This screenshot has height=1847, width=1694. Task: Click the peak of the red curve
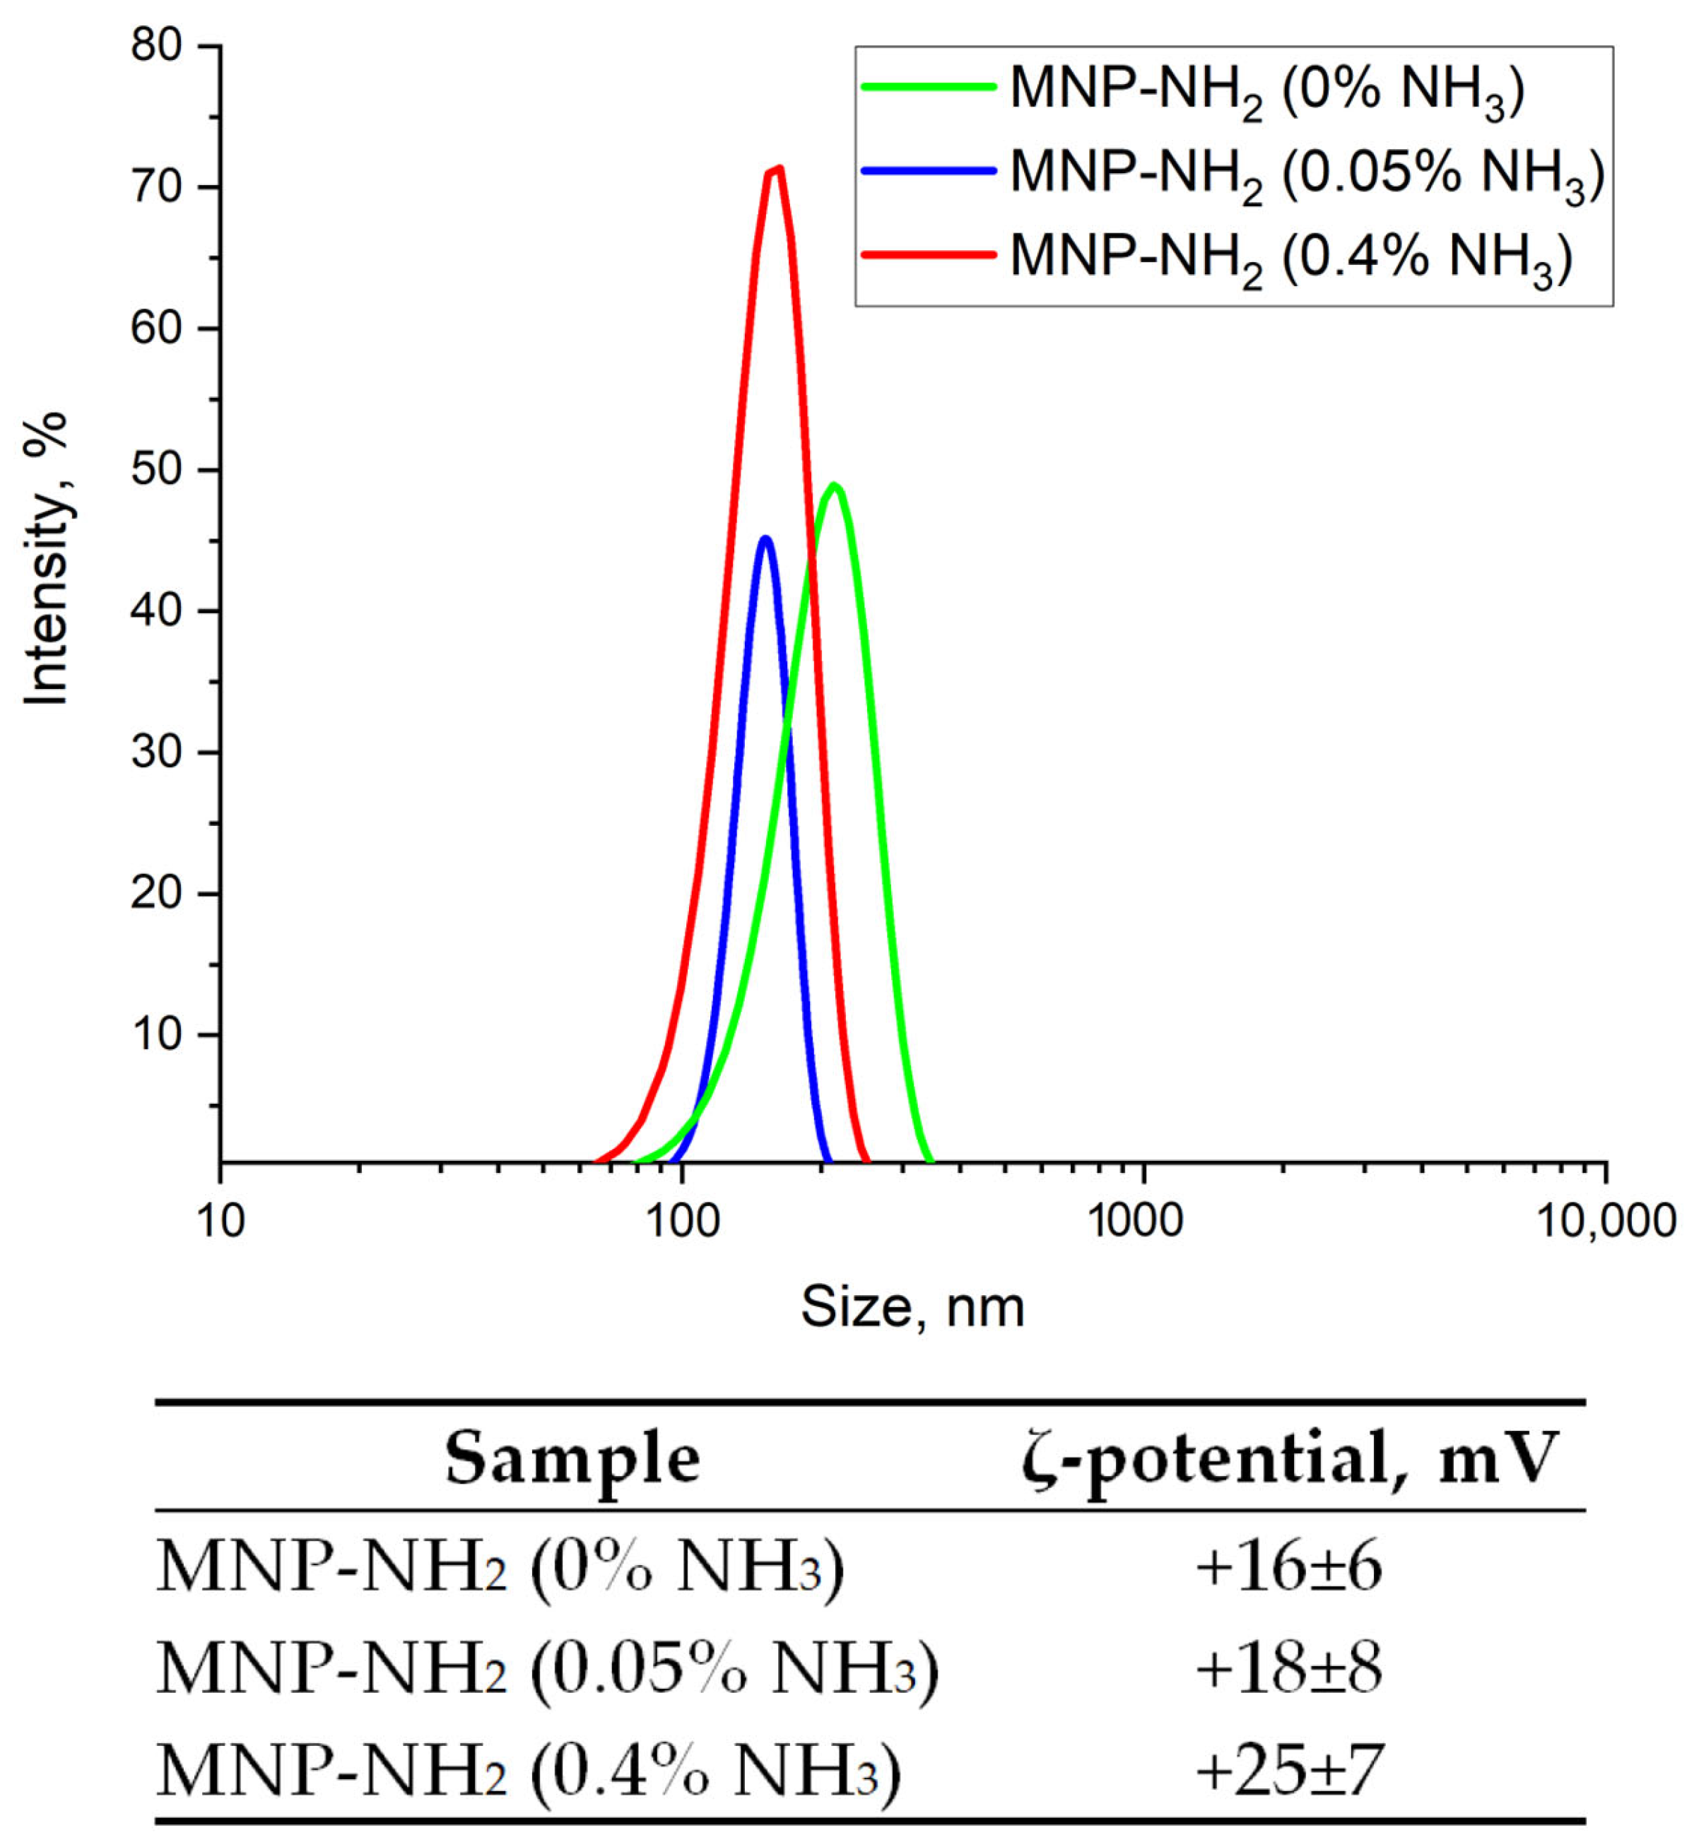tap(778, 169)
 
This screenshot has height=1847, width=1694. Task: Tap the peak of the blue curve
tap(765, 538)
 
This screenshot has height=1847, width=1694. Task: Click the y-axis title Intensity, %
tap(46, 559)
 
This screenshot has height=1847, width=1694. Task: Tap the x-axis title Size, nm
tap(912, 1307)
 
